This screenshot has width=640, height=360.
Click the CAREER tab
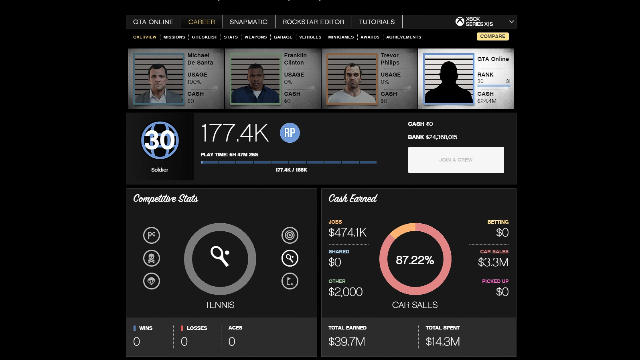pyautogui.click(x=201, y=22)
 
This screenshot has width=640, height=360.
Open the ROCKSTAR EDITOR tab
pyautogui.click(x=313, y=22)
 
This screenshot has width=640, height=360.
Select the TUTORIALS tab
pyautogui.click(x=377, y=22)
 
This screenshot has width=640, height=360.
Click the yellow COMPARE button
pyautogui.click(x=492, y=36)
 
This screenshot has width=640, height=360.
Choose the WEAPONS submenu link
pyautogui.click(x=255, y=37)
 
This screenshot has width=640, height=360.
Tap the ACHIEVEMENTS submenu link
pyautogui.click(x=403, y=37)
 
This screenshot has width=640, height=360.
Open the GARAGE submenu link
pyautogui.click(x=283, y=37)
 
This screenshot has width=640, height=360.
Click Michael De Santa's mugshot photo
pyautogui.click(x=159, y=79)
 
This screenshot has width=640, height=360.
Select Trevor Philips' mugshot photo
pyautogui.click(x=352, y=79)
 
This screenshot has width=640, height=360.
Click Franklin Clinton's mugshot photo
pyautogui.click(x=255, y=79)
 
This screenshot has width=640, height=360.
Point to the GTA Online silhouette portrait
pyautogui.click(x=449, y=79)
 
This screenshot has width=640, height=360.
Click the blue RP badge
pyautogui.click(x=290, y=133)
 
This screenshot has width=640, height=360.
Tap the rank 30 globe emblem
pyautogui.click(x=160, y=140)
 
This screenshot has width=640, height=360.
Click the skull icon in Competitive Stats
pyautogui.click(x=152, y=258)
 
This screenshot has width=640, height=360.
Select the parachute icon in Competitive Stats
pyautogui.click(x=152, y=281)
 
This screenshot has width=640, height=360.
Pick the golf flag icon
pyautogui.click(x=290, y=281)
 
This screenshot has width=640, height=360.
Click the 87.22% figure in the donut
pyautogui.click(x=415, y=260)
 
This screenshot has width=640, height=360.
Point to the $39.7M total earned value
pyautogui.click(x=346, y=342)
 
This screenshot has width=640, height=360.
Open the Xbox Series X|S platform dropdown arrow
pyautogui.click(x=511, y=22)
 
